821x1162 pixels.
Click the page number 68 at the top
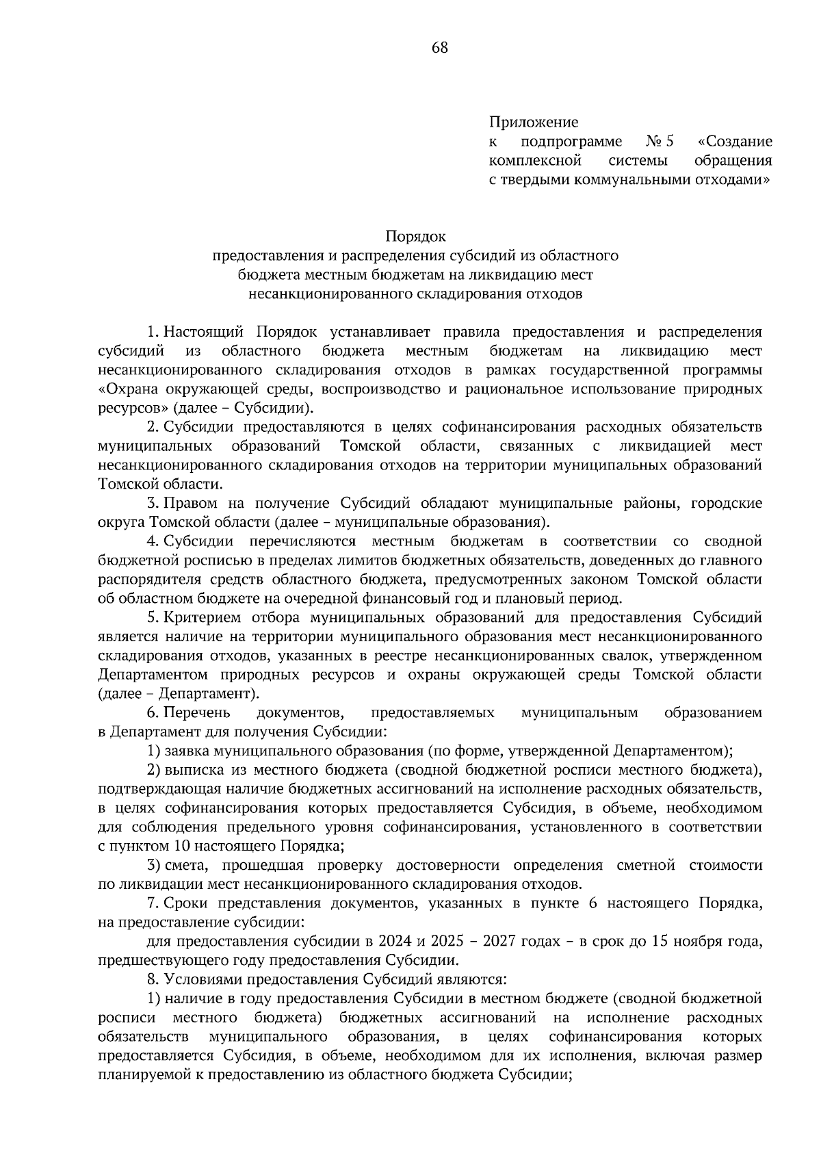(x=439, y=48)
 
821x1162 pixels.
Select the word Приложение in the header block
(x=534, y=122)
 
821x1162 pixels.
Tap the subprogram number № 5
(x=660, y=142)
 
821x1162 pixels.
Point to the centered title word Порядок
(x=415, y=237)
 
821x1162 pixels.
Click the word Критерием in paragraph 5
(x=203, y=618)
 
